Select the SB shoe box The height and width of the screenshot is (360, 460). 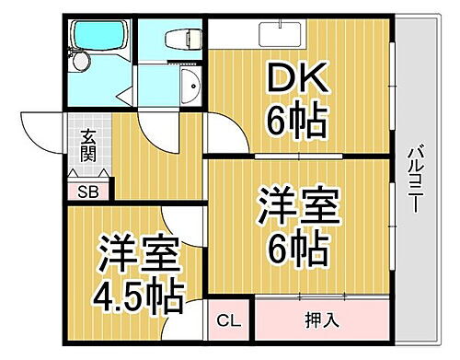[x=88, y=192]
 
